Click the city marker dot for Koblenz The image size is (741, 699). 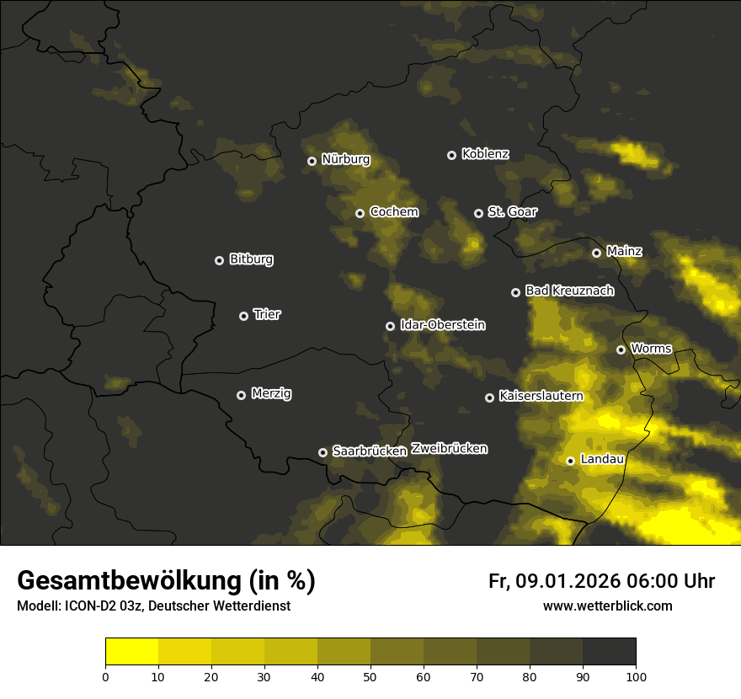(x=451, y=155)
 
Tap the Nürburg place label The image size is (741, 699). (x=345, y=159)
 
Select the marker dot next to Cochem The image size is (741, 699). (x=360, y=213)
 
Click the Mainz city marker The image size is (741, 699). (x=596, y=253)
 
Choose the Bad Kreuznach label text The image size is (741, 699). (x=569, y=291)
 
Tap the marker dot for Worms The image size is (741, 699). (x=621, y=349)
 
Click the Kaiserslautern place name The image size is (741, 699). (x=541, y=396)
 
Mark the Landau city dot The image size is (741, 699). (x=570, y=461)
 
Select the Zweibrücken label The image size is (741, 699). (x=449, y=449)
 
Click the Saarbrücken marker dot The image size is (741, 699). (x=323, y=452)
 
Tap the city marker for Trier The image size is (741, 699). (x=243, y=316)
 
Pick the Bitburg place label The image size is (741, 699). (x=251, y=259)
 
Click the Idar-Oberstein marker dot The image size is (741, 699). (x=390, y=326)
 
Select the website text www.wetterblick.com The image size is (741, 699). (x=607, y=606)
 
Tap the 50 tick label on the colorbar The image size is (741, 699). (x=370, y=675)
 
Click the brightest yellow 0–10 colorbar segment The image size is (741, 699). (x=132, y=652)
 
